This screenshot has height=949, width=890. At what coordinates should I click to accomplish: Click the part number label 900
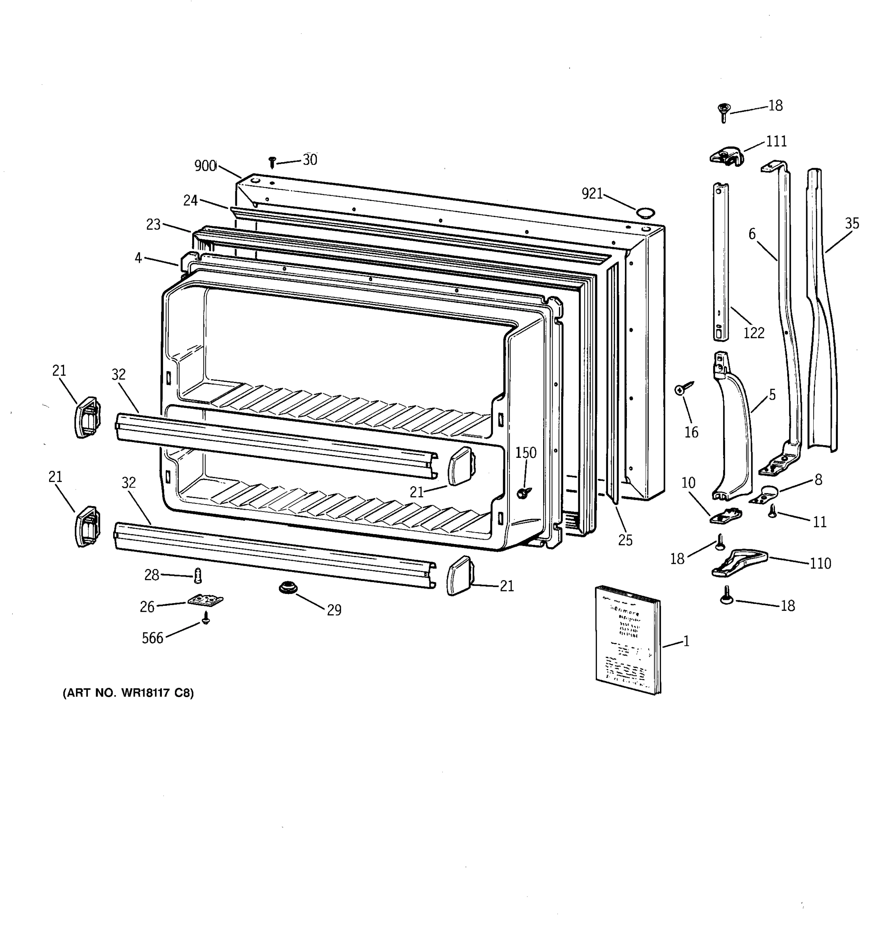point(205,166)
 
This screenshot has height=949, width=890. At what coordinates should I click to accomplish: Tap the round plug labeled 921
point(645,212)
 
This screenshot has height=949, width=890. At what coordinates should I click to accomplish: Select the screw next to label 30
point(273,162)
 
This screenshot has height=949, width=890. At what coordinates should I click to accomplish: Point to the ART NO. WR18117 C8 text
point(128,693)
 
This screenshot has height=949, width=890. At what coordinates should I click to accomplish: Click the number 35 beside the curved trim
point(852,223)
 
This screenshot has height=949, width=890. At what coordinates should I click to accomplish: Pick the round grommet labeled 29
point(288,588)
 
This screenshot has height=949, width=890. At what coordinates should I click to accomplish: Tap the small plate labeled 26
point(206,600)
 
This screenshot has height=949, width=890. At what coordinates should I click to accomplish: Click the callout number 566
point(152,638)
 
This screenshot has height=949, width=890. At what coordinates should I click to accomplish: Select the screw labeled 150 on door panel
point(524,492)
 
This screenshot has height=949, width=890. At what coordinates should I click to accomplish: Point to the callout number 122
point(754,333)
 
